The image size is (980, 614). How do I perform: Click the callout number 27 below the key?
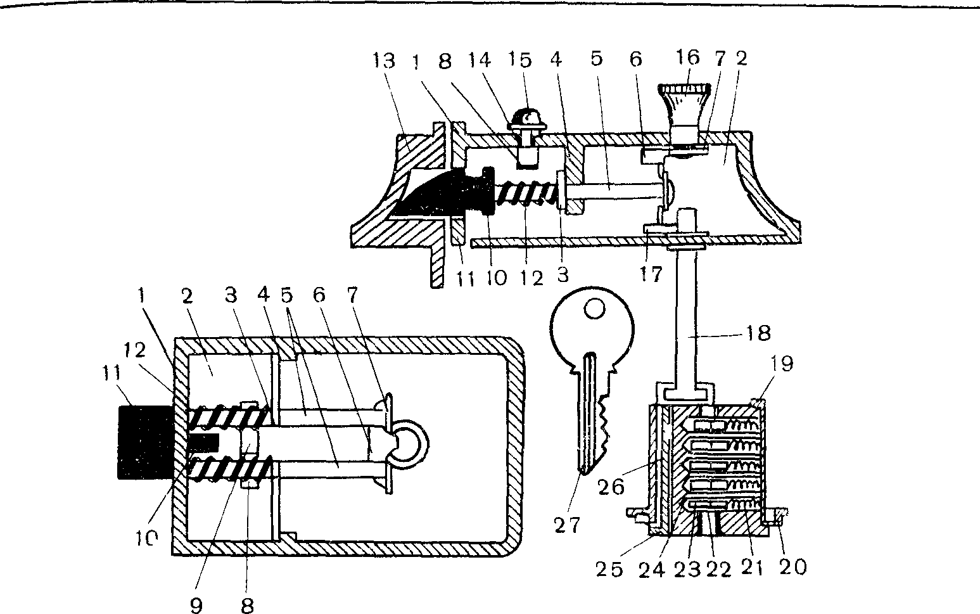[x=568, y=525]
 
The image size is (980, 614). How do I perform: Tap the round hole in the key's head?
[x=595, y=310]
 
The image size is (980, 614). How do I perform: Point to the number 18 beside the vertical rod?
[x=758, y=333]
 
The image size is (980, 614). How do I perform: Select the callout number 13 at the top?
[x=384, y=60]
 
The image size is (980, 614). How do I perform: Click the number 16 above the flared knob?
[x=688, y=57]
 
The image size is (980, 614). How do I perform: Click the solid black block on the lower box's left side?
[x=146, y=442]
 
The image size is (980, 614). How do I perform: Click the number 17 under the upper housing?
[x=651, y=274]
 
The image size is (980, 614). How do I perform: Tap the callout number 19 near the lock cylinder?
[x=782, y=364]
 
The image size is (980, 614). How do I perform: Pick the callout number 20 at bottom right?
[x=792, y=567]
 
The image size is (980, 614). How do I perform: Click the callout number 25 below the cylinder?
[x=609, y=570]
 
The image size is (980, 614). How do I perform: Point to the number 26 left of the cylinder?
[x=611, y=487]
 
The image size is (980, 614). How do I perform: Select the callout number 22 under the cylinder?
[x=718, y=570]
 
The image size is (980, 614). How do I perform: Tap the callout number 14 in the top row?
[x=480, y=60]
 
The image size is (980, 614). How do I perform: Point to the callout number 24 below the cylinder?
[x=652, y=570]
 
